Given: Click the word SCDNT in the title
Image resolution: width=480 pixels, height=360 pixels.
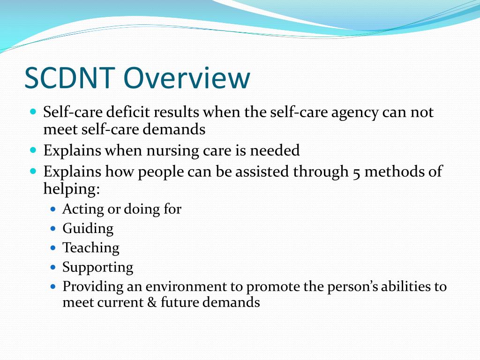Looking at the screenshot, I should click(70, 78).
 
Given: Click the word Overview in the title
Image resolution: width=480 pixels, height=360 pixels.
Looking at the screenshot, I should click(187, 78).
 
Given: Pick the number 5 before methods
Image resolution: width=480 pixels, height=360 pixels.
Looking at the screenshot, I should click(357, 172).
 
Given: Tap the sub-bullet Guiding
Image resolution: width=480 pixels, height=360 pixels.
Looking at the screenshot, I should click(88, 229).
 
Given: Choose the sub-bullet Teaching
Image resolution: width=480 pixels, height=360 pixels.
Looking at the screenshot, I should click(91, 247).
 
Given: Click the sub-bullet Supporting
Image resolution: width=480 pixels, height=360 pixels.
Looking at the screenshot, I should click(98, 268).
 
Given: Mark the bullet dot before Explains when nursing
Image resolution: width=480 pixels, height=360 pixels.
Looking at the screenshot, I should click(33, 150).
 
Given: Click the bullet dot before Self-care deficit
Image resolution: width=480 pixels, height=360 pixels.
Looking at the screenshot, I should click(33, 112).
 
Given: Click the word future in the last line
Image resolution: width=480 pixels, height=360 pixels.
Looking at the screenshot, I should click(180, 302).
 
